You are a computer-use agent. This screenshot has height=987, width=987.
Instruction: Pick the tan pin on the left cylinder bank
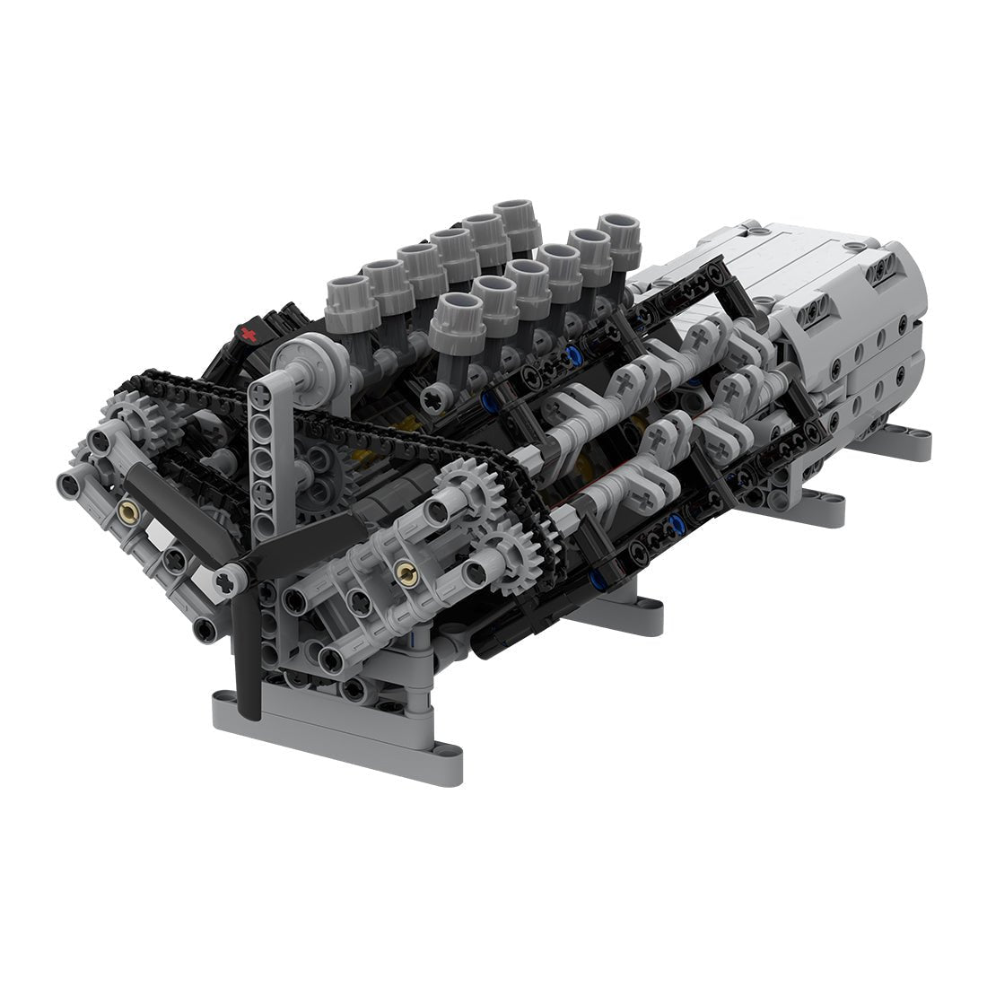click(x=127, y=512)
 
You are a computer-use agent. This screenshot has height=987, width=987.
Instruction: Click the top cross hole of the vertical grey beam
click(x=259, y=392)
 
